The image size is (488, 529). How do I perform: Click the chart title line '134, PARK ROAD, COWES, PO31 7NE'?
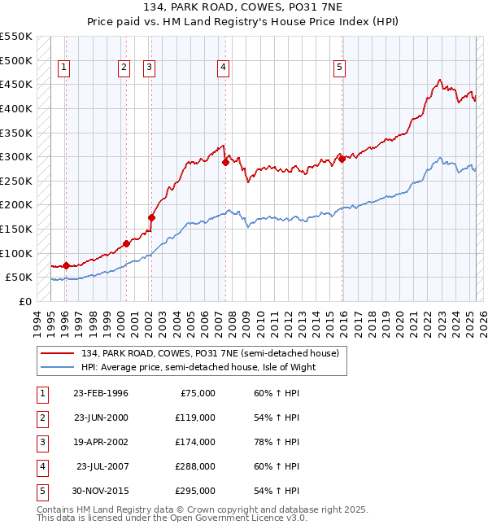click(244, 9)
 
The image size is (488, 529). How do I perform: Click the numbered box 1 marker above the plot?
click(64, 68)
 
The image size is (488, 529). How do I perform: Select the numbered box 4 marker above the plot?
click(222, 68)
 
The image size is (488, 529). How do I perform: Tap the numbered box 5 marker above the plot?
click(339, 68)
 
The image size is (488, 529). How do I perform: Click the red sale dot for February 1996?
click(66, 264)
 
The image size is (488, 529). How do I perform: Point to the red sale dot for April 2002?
click(151, 217)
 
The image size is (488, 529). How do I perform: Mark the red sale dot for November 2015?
click(342, 159)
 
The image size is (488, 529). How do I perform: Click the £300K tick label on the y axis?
click(16, 156)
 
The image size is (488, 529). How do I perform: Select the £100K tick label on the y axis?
click(16, 253)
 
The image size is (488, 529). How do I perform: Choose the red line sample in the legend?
click(58, 352)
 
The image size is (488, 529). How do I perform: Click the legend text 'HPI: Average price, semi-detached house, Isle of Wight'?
click(198, 367)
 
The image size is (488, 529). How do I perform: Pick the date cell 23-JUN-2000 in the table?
click(101, 418)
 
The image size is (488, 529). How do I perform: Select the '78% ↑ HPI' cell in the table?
click(276, 442)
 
